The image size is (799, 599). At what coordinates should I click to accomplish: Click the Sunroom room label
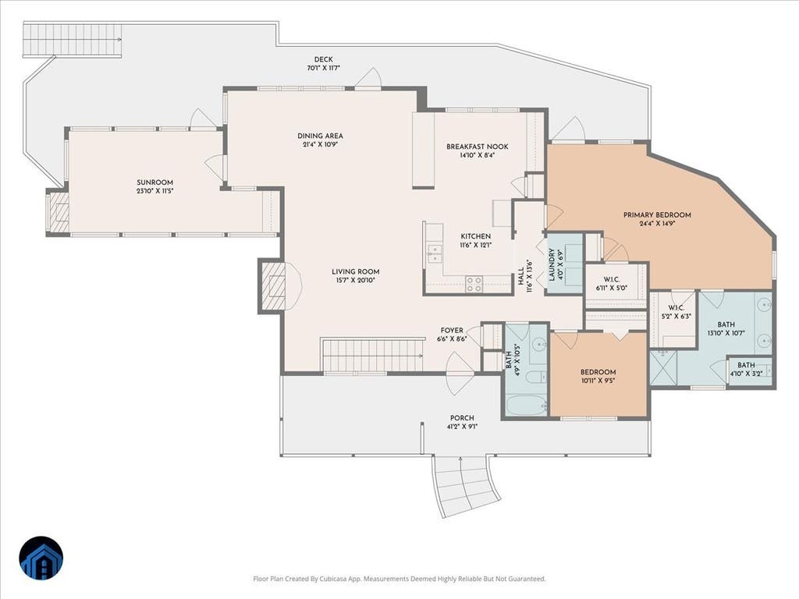point(155,183)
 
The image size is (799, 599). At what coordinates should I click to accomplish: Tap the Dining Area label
point(320,136)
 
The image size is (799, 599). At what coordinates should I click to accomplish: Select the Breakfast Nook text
point(478,147)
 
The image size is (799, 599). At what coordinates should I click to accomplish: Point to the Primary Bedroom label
point(657,215)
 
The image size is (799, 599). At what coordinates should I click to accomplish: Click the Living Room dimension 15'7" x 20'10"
point(355,280)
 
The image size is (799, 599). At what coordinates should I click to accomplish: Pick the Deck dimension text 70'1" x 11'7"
point(323,68)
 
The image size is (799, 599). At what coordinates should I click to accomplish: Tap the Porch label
point(462,418)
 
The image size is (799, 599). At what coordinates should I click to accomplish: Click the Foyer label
point(452,331)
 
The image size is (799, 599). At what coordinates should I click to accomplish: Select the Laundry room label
point(552,265)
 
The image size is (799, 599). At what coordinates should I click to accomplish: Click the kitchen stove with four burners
point(474,284)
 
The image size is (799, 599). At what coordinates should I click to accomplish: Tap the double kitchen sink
point(435,253)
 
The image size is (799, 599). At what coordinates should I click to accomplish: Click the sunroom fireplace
point(58,212)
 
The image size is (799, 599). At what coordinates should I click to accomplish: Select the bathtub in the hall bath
point(527,406)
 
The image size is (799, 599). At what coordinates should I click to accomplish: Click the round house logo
point(41,558)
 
